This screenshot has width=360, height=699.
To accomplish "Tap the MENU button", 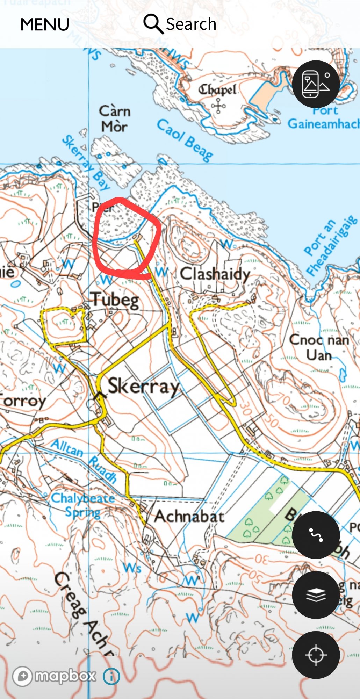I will pos(44,24).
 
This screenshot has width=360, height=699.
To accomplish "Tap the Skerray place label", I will pos(143,387).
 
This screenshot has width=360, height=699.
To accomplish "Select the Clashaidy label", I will pos(215,274).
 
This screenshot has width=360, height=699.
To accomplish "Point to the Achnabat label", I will pos(189,516).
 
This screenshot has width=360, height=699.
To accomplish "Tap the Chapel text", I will pos(217,90).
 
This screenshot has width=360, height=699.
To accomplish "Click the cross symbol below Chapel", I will pos(218,106).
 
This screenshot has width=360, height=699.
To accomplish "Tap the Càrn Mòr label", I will pos(115,119).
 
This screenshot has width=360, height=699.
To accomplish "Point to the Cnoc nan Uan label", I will pos(319,347).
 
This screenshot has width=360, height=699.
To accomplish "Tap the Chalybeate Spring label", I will pos(82,505).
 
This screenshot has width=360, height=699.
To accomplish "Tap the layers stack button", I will pos(316,595).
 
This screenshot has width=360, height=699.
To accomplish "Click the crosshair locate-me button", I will pos(316,655).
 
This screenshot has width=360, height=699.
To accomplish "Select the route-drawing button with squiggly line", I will pos(316,535).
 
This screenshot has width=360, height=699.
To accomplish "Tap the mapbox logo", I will pos(54,676).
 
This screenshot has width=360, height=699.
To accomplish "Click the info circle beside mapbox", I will pos(111,677).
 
